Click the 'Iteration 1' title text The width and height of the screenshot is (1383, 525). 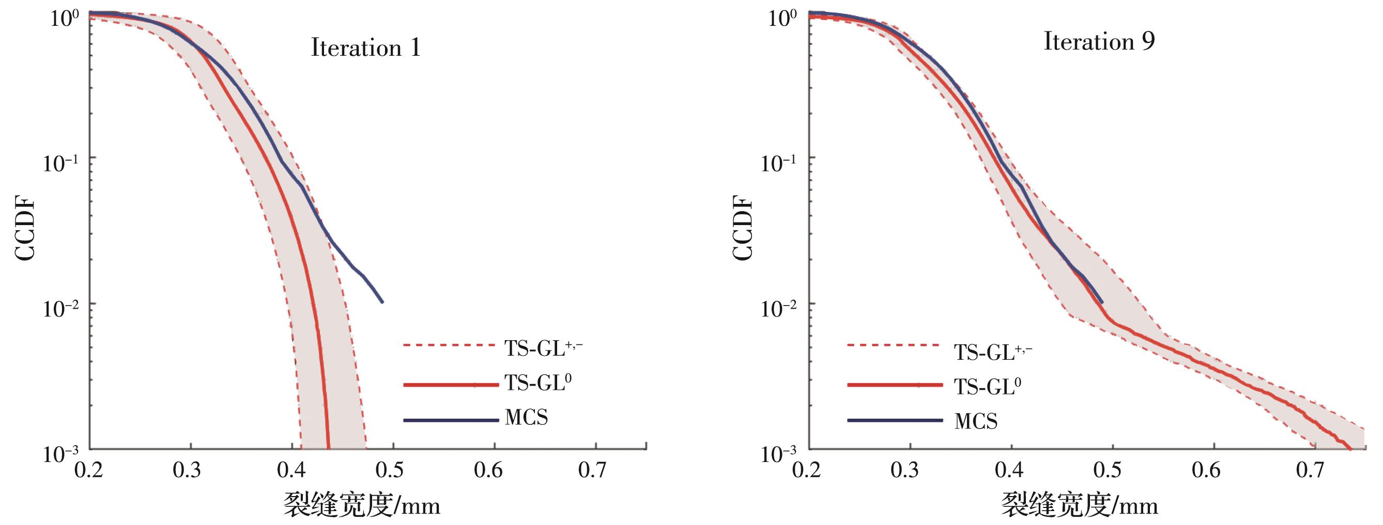coord(365,48)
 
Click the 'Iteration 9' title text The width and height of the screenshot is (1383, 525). coord(1098,42)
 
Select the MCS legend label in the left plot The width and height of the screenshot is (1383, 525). coord(526,418)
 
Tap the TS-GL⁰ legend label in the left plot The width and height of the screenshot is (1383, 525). coord(537,383)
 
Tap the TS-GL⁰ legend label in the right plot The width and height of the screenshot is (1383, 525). coord(987,386)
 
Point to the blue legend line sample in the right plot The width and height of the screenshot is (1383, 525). coord(895,420)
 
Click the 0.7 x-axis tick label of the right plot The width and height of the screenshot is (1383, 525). coord(1311,470)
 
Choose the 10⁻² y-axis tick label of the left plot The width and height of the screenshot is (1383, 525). coord(60,308)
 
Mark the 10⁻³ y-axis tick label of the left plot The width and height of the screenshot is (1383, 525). coord(60,454)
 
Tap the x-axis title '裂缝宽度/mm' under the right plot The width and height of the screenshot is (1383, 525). coord(1079,505)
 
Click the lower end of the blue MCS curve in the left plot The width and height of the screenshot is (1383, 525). coord(382,302)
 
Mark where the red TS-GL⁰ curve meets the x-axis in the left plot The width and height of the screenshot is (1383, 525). coord(328,448)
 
